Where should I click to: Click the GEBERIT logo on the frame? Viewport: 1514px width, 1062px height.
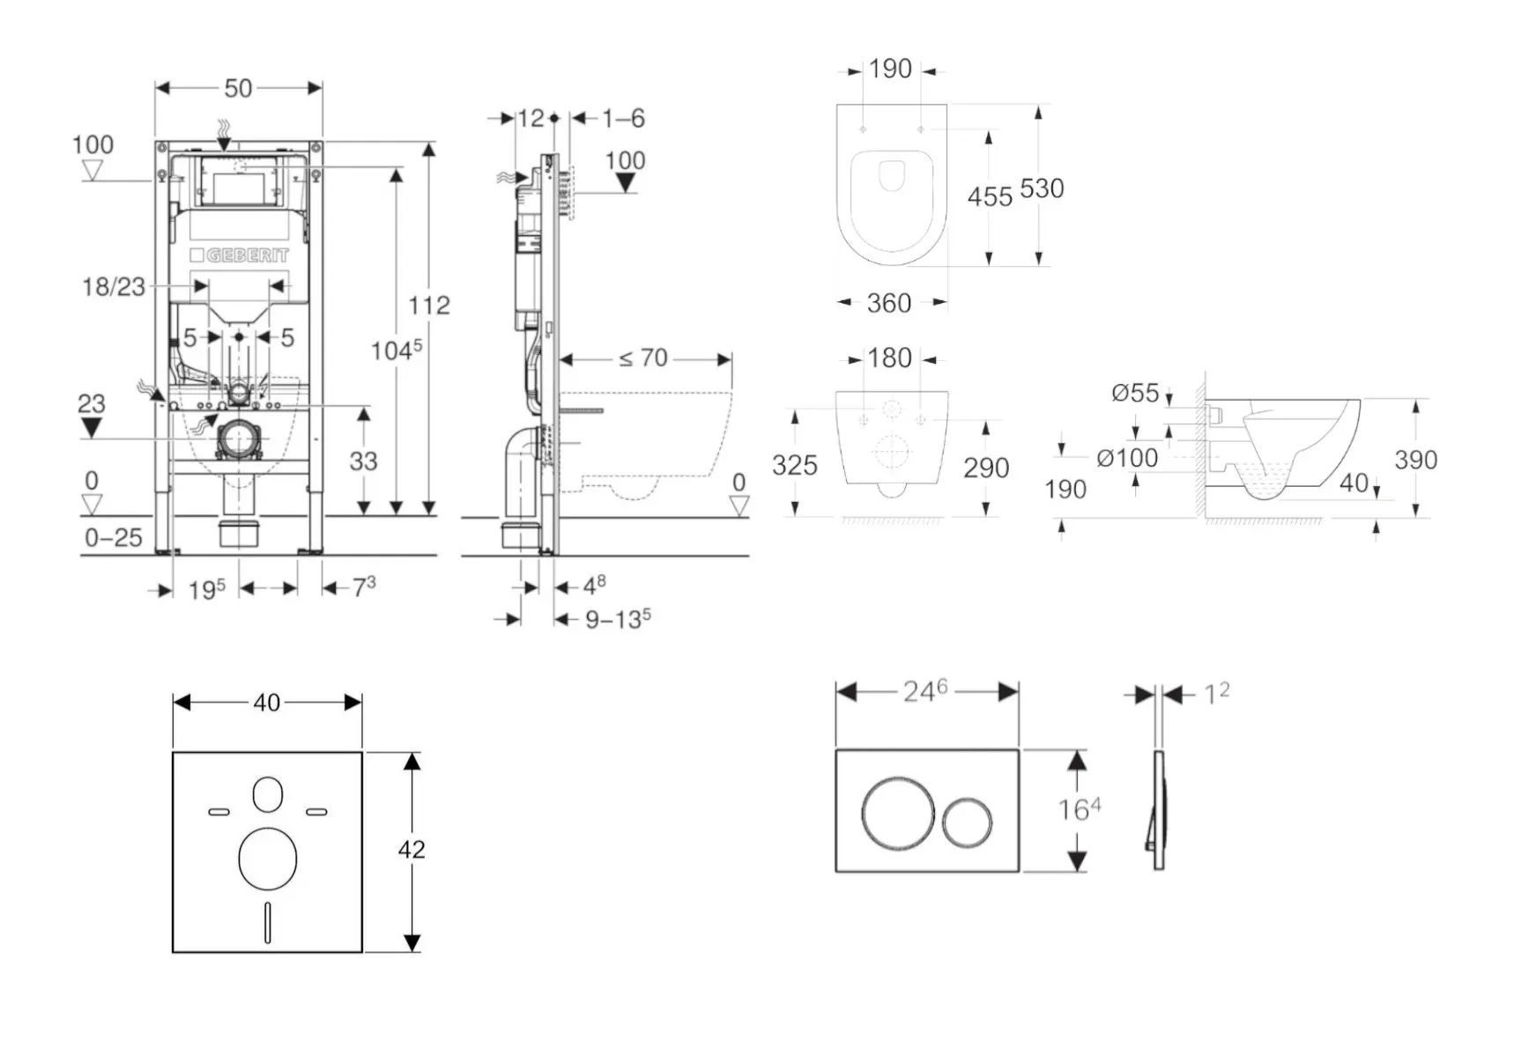click(239, 255)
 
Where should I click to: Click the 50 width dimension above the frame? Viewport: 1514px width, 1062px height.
click(238, 88)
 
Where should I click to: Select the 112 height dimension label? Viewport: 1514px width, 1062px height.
click(429, 306)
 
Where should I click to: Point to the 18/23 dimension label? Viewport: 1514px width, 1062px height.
click(114, 286)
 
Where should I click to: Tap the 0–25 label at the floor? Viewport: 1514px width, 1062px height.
click(114, 537)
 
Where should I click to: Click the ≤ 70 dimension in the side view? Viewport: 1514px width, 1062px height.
click(643, 358)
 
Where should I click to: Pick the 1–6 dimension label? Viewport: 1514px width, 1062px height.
click(624, 118)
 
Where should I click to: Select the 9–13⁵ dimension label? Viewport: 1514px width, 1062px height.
click(618, 619)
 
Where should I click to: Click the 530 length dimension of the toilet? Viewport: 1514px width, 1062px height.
click(1042, 188)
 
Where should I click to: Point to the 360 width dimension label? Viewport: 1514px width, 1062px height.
click(888, 304)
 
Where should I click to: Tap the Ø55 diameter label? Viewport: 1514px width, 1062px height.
click(1135, 393)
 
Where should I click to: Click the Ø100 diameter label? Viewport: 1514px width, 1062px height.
click(1127, 458)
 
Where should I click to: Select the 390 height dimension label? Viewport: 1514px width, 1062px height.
click(1415, 460)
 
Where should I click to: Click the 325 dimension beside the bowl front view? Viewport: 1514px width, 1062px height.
click(795, 465)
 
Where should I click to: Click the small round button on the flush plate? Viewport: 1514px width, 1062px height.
click(967, 822)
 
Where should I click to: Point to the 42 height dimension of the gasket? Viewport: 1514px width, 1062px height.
click(412, 850)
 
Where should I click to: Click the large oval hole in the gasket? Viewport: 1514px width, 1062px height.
click(267, 859)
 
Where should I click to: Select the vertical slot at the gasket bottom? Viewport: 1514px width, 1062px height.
click(267, 923)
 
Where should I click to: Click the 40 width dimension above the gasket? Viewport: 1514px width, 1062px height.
click(267, 703)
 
